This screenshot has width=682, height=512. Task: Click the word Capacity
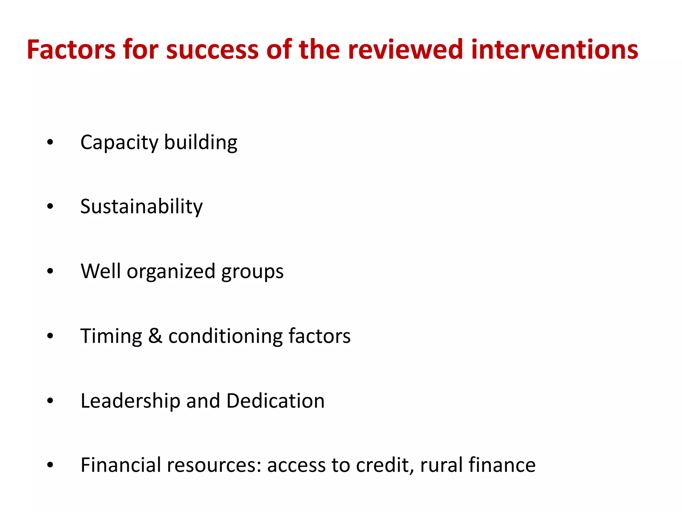(119, 142)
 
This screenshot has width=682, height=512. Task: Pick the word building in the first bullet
(201, 142)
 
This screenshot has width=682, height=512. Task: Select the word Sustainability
(142, 207)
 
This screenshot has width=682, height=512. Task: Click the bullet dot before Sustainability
(50, 207)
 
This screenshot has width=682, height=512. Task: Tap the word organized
(171, 271)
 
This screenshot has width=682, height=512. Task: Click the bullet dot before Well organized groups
(50, 271)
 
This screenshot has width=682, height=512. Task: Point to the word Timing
(111, 336)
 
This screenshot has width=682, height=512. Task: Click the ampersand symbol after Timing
(155, 336)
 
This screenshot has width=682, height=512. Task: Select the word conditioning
(225, 336)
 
